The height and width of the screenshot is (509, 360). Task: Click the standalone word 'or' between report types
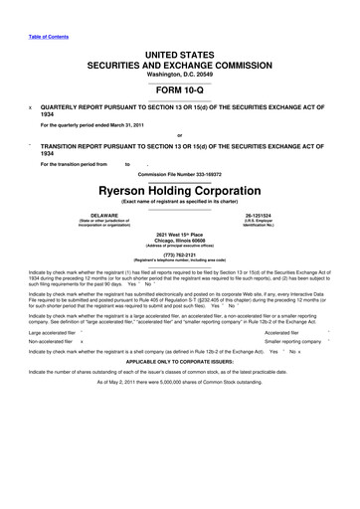point(179,134)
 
